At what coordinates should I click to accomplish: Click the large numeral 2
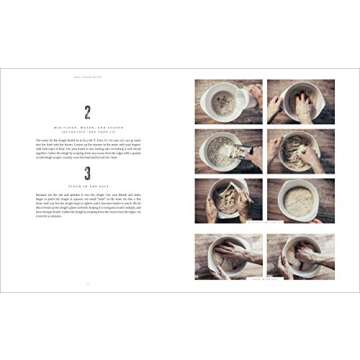87,112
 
